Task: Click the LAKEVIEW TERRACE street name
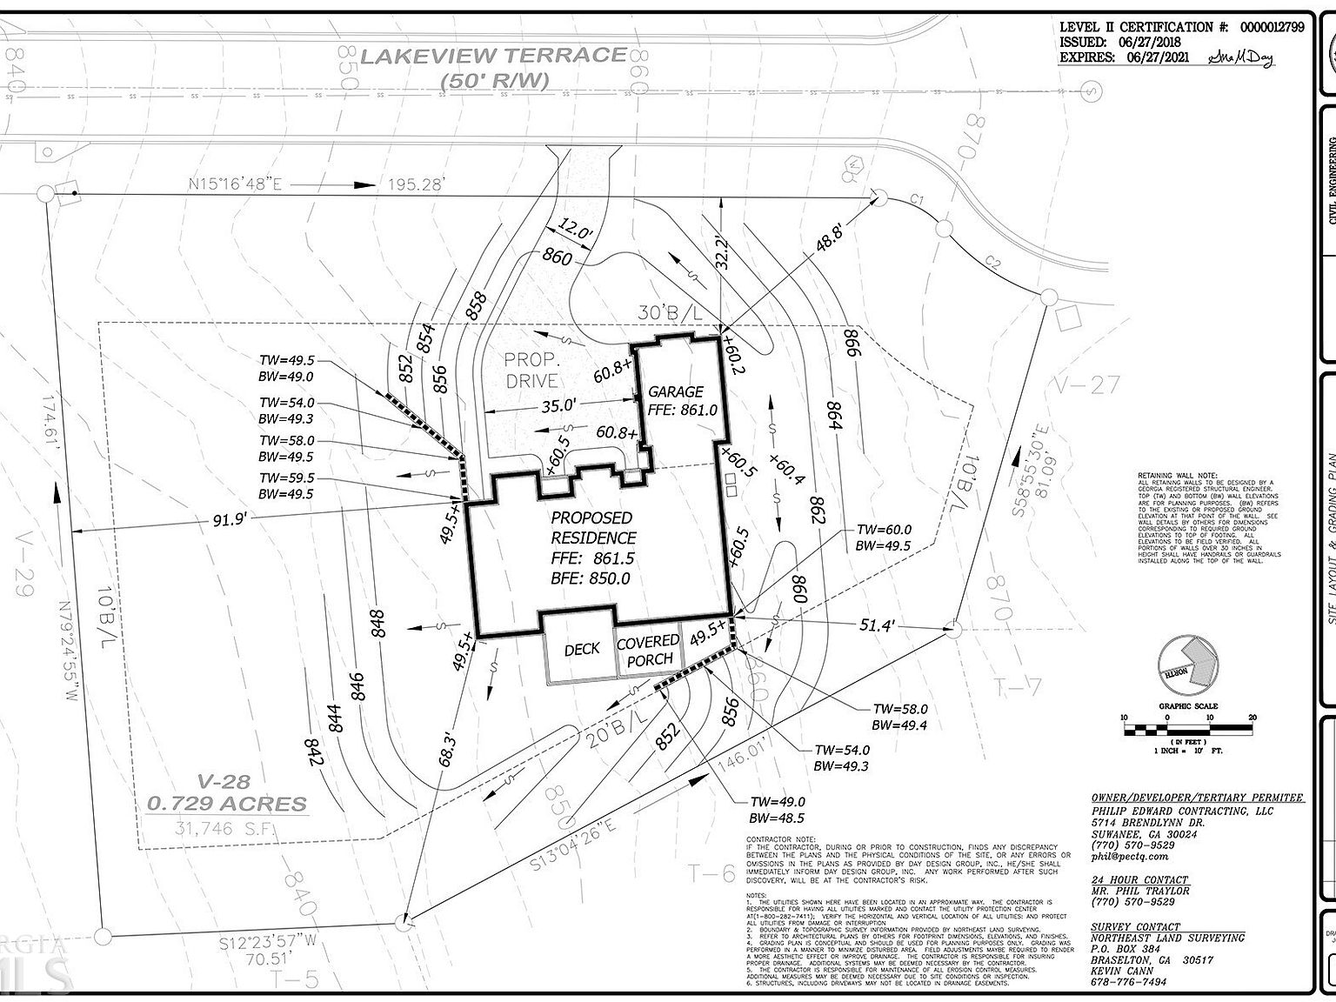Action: [493, 56]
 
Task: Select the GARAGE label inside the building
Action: [675, 392]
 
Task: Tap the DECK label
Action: [582, 649]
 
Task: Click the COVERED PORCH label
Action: [648, 651]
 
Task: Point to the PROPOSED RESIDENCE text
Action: [593, 528]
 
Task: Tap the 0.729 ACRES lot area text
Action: [228, 804]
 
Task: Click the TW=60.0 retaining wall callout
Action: [884, 530]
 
